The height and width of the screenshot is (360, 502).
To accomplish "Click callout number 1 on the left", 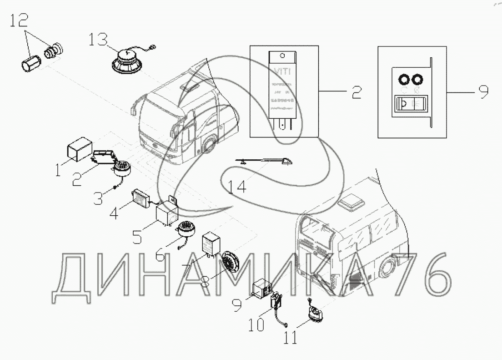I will pos(59,171).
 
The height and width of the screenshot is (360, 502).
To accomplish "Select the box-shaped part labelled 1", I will pos(79,148).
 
